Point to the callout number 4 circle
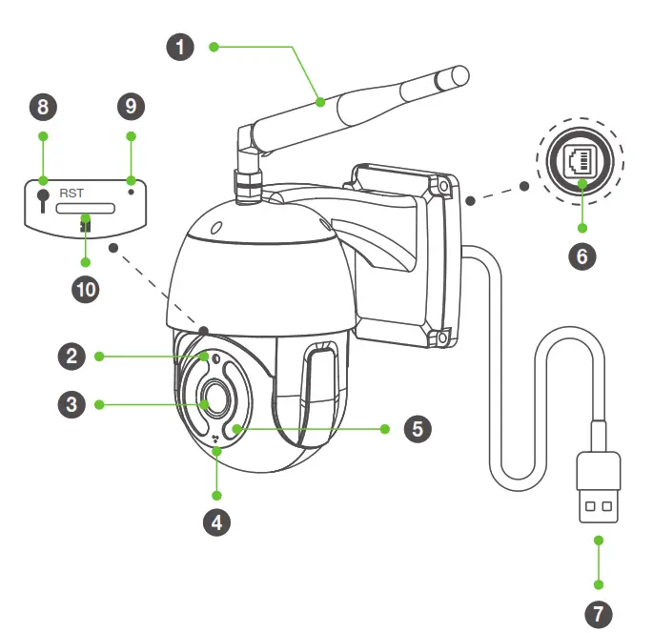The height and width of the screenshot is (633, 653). point(217,522)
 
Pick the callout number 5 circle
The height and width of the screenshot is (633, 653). point(417,428)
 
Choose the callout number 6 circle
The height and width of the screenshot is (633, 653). point(582,256)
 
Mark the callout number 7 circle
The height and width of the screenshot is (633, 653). point(600,611)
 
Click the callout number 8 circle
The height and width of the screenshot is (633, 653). point(41,107)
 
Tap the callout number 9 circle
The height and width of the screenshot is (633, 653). point(131,107)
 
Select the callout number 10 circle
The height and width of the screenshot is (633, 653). point(86,290)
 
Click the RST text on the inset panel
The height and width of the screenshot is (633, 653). point(71,193)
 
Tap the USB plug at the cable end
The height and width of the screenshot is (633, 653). point(600,490)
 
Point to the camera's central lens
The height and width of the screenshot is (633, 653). point(211,396)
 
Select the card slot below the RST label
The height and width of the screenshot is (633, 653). point(86,209)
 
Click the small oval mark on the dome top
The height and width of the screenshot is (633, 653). point(215,228)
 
